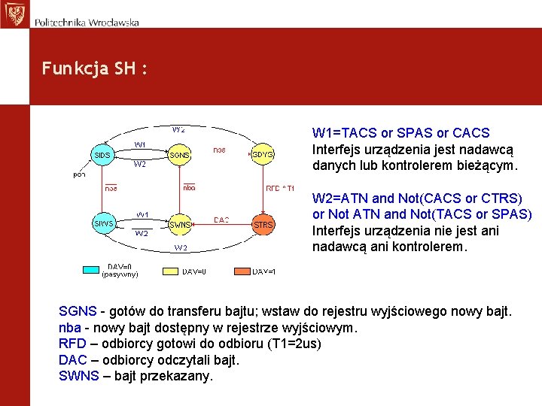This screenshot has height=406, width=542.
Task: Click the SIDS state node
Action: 103,155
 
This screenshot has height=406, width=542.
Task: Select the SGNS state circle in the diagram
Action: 179,155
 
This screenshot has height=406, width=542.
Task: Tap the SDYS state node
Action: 263,155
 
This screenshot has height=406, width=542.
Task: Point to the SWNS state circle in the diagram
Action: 180,224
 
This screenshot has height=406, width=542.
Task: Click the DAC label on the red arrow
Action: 221,220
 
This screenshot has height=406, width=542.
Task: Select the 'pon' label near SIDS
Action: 79,174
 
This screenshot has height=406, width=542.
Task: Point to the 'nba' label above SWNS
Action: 189,187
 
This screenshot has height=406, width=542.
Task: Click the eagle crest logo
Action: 14,14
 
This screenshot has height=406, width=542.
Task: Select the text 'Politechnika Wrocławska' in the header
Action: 87,23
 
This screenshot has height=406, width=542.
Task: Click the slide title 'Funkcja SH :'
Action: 95,68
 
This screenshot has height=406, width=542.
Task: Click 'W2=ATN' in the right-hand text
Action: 340,198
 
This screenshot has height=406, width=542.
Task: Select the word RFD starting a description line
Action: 72,343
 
